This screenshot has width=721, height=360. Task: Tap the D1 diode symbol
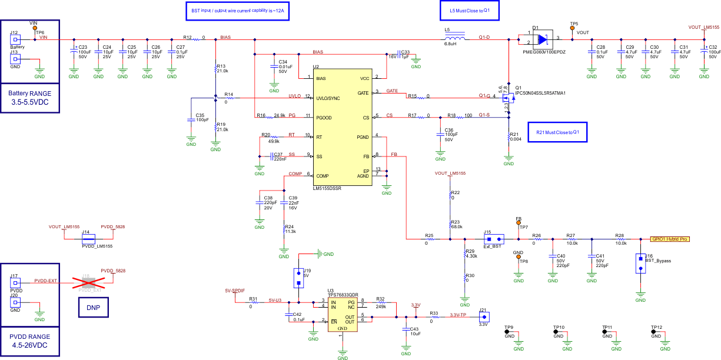pos(541,39)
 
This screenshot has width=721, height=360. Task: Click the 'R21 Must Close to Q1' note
pos(558,132)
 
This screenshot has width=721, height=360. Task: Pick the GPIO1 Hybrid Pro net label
pos(669,239)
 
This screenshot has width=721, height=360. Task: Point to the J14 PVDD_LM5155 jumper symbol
pos(89,239)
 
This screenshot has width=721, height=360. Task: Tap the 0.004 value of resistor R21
pos(516,139)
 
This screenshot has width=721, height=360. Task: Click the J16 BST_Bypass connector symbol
pos(640,263)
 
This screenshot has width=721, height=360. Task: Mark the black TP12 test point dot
pos(653,332)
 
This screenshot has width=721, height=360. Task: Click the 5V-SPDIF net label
pos(234,291)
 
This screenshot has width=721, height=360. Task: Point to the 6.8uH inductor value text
pos(450,44)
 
